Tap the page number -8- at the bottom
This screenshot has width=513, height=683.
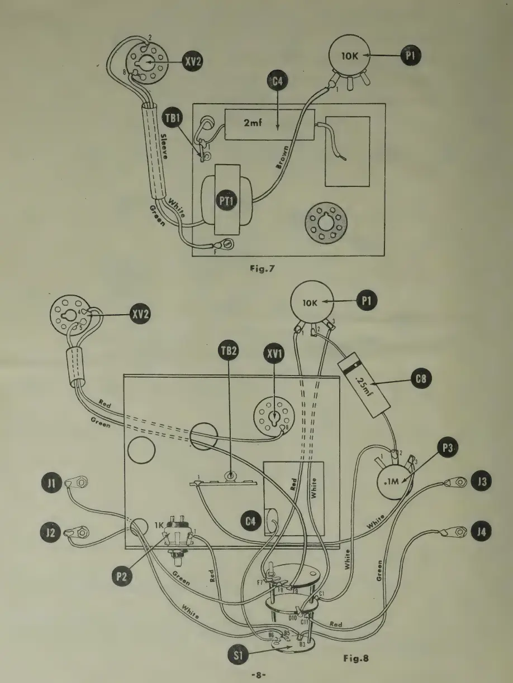click(256, 674)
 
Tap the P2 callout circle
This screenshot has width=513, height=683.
click(126, 574)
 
